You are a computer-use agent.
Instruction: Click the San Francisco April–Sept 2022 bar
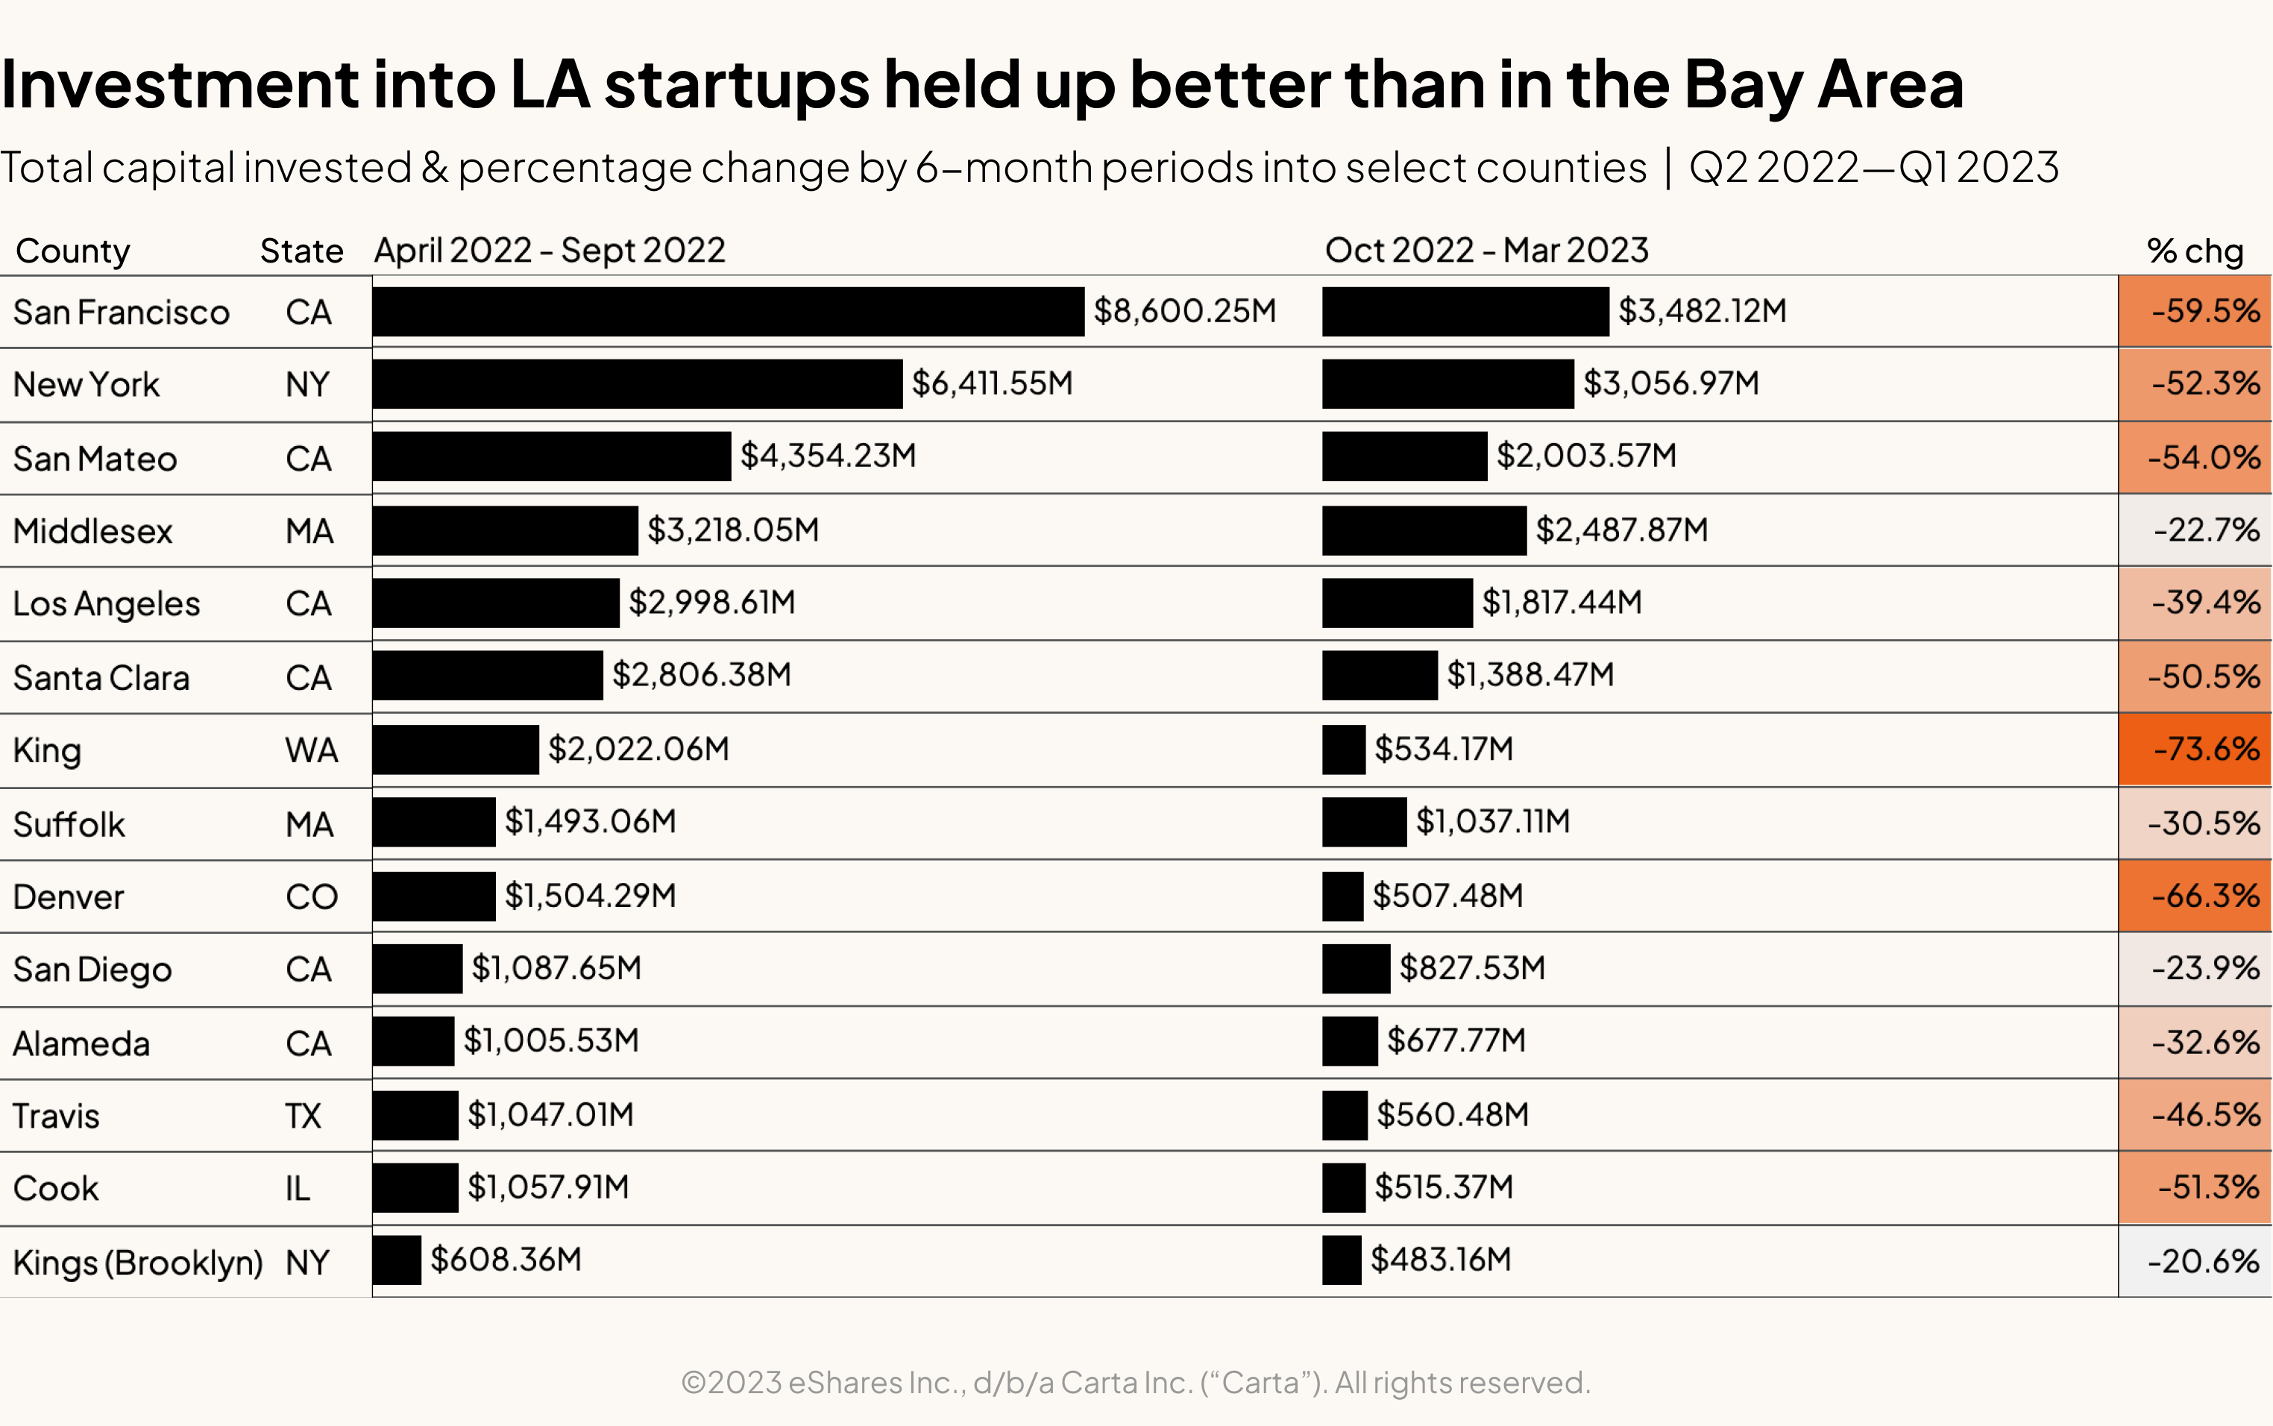pyautogui.click(x=728, y=311)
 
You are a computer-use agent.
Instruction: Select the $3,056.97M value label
pyautogui.click(x=1670, y=383)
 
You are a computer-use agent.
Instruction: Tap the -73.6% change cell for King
pyautogui.click(x=2195, y=750)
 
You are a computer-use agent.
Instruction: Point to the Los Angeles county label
pyautogui.click(x=107, y=603)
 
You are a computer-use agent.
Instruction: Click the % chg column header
pyautogui.click(x=2195, y=251)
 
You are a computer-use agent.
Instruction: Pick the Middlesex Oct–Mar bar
pyautogui.click(x=1424, y=530)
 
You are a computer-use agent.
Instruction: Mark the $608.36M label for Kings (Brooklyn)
pyautogui.click(x=506, y=1260)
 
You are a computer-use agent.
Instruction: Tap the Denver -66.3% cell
pyautogui.click(x=2195, y=895)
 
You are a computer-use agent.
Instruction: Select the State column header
pyautogui.click(x=302, y=251)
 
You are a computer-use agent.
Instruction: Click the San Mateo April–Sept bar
pyautogui.click(x=552, y=456)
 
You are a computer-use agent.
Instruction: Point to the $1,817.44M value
pyautogui.click(x=1562, y=602)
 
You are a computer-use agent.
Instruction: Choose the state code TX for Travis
pyautogui.click(x=304, y=1116)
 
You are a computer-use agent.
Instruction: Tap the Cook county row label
pyautogui.click(x=56, y=1188)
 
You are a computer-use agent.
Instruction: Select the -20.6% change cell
pyautogui.click(x=2195, y=1261)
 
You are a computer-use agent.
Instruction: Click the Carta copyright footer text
pyautogui.click(x=1135, y=1383)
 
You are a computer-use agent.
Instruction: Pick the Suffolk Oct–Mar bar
pyautogui.click(x=1364, y=821)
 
